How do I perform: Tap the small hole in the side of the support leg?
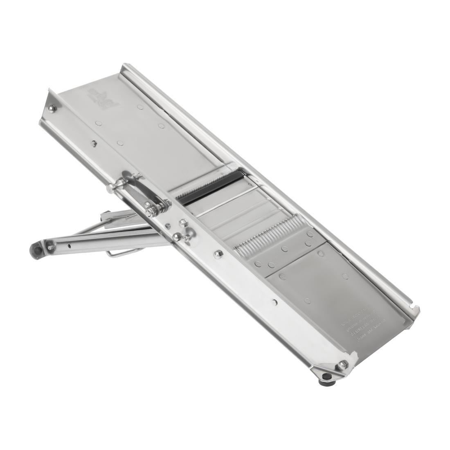(x=69, y=246)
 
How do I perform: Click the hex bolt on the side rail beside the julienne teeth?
(x=218, y=254)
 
